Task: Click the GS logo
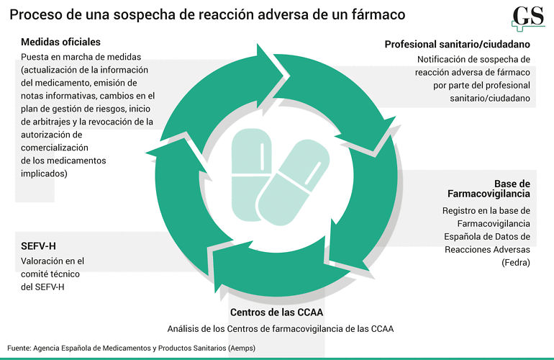pyautogui.click(x=528, y=19)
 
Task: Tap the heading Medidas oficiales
pyautogui.click(x=60, y=42)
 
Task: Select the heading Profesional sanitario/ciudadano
pyautogui.click(x=457, y=45)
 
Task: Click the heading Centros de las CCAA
pyautogui.click(x=277, y=312)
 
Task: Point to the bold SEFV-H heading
pyautogui.click(x=38, y=246)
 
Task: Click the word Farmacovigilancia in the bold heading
pyautogui.click(x=489, y=194)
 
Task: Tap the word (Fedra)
pyautogui.click(x=516, y=263)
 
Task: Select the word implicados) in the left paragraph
pyautogui.click(x=44, y=174)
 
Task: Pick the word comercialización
pyautogui.click(x=55, y=148)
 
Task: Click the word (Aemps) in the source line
pyautogui.click(x=242, y=348)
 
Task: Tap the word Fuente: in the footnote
pyautogui.click(x=19, y=348)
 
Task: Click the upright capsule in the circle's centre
pyautogui.click(x=250, y=174)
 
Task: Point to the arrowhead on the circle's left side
pyautogui.click(x=173, y=151)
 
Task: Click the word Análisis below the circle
pyautogui.click(x=183, y=329)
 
